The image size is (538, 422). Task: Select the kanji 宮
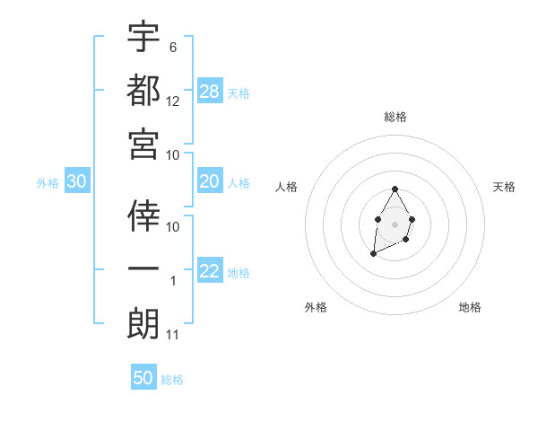(x=143, y=144)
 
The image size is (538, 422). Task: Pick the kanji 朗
(x=143, y=323)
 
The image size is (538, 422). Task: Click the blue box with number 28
(x=210, y=92)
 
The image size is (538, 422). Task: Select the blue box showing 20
(x=210, y=182)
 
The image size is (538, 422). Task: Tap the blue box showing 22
(x=210, y=272)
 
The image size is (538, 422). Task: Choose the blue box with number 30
(x=77, y=182)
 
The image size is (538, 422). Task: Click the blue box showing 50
(x=143, y=378)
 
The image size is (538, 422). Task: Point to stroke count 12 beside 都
(x=173, y=101)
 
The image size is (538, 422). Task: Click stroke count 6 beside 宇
(x=173, y=47)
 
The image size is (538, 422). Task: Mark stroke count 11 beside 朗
(x=173, y=335)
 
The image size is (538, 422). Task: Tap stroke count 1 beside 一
(x=173, y=281)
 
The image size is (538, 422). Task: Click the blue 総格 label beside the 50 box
(x=172, y=380)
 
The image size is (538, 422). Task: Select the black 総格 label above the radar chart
(x=395, y=118)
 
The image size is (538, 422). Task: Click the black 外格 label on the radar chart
(x=316, y=307)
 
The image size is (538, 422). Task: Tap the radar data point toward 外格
(x=373, y=255)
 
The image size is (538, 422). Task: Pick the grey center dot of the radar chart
(x=395, y=223)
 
